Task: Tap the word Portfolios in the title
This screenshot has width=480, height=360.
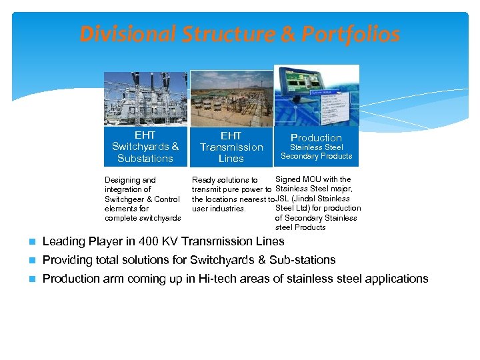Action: click(351, 34)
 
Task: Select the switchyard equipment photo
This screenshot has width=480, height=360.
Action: click(145, 99)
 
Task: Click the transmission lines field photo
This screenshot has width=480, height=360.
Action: click(231, 99)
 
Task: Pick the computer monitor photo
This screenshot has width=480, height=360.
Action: click(317, 95)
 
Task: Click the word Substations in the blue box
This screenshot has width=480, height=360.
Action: click(145, 159)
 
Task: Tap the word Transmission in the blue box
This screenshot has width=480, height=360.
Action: click(231, 147)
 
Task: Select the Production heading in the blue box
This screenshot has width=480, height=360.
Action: click(316, 138)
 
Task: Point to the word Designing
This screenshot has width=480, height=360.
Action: click(121, 180)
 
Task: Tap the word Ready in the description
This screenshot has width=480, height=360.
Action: click(204, 180)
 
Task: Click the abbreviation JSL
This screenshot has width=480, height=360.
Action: click(283, 199)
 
